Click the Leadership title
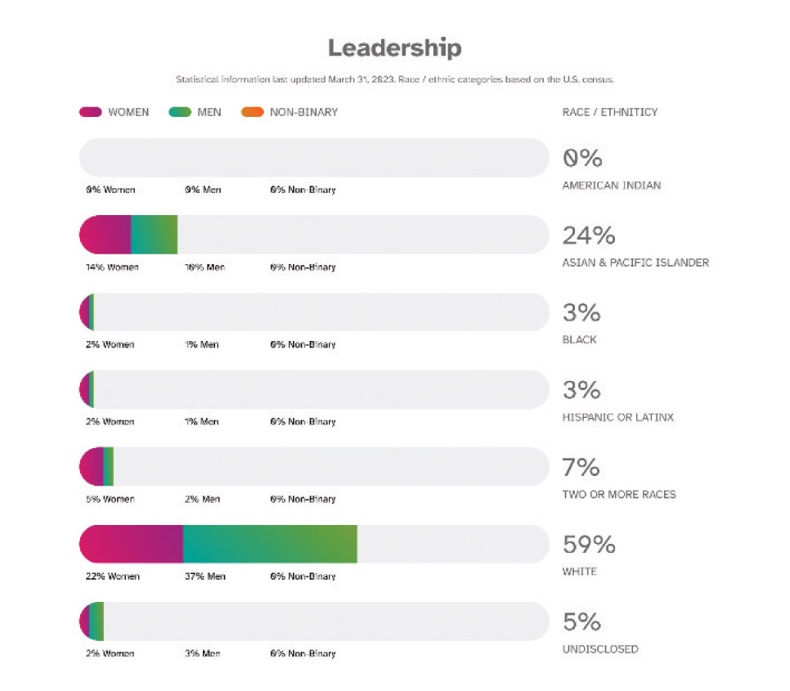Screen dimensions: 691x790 tap(394, 48)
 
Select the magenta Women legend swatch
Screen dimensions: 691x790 tap(90, 112)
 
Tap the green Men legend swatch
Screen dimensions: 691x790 tap(180, 112)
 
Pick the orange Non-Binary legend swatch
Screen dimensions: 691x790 tap(253, 112)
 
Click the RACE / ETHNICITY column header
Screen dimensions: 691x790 tap(609, 112)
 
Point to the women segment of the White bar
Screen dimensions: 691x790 tap(132, 544)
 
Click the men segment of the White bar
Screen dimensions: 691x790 tap(270, 544)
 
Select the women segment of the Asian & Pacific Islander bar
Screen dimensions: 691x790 tap(106, 235)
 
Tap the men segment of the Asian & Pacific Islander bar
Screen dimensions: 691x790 tap(154, 235)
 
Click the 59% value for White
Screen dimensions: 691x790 tap(589, 545)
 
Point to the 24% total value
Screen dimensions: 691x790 tap(588, 236)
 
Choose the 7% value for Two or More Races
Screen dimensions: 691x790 tap(581, 468)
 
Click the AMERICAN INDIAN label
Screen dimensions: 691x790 tap(611, 186)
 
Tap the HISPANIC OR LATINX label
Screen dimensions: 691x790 tap(617, 417)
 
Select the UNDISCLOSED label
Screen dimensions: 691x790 tap(599, 649)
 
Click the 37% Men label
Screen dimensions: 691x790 tap(205, 577)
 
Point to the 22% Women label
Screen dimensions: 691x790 tap(112, 577)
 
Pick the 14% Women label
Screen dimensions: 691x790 tap(112, 267)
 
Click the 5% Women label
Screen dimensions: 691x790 tap(110, 499)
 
